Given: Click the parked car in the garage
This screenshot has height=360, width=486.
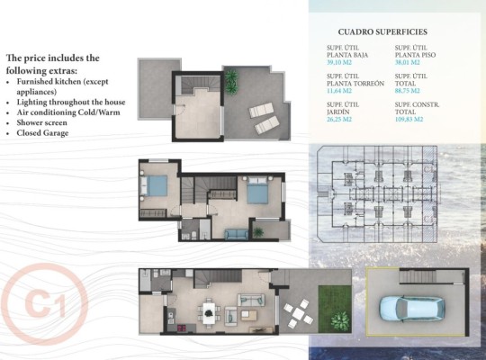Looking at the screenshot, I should tap(409, 307).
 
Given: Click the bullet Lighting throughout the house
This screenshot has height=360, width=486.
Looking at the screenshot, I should tap(71, 102).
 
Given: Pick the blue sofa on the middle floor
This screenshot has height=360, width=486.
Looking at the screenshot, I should tap(237, 234).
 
